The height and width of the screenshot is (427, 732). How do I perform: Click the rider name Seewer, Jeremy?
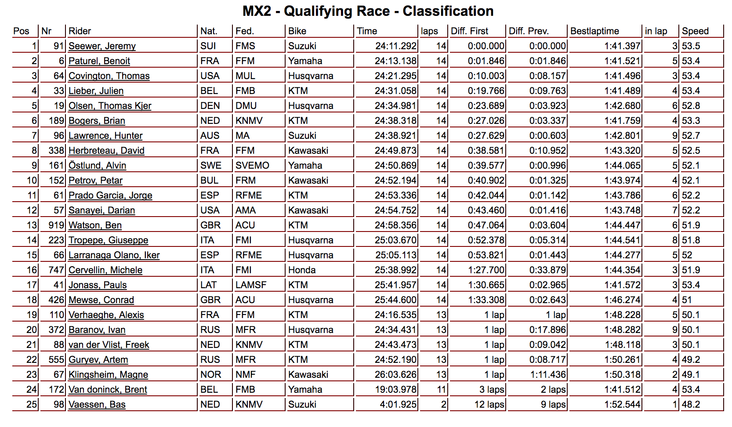[102, 46]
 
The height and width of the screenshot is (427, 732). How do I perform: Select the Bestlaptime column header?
[594, 31]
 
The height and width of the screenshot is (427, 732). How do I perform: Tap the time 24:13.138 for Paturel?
[395, 61]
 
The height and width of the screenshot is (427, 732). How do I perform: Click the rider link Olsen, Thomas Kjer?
[110, 106]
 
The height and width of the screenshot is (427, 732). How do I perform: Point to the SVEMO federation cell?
[252, 166]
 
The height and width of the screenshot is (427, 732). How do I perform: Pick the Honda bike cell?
[302, 270]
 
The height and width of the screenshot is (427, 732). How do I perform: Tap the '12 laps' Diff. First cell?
[489, 405]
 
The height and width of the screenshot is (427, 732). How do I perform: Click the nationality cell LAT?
[209, 285]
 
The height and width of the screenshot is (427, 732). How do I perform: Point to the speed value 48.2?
[691, 405]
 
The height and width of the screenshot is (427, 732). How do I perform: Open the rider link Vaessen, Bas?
[97, 405]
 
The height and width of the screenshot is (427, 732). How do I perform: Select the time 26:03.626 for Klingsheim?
[395, 375]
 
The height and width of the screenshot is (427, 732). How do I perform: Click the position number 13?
[32, 225]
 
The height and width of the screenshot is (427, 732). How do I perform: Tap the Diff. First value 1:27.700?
[486, 270]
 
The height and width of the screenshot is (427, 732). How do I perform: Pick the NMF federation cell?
[245, 375]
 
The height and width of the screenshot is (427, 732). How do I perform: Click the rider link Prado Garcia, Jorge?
[110, 195]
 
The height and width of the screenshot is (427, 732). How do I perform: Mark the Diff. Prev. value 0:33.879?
[547, 270]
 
